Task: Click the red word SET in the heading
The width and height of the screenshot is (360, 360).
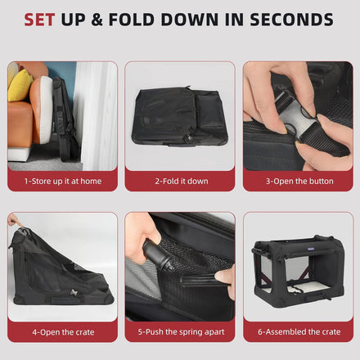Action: [x=39, y=20]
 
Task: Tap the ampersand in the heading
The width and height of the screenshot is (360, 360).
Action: [x=97, y=20]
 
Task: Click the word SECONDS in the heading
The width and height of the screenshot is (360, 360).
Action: [x=291, y=20]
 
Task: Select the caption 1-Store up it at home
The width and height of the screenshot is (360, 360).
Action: [x=63, y=181]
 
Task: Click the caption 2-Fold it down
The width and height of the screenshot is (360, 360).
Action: [x=182, y=181]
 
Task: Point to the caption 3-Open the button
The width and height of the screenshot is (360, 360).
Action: [x=299, y=181]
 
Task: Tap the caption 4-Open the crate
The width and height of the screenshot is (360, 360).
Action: [x=63, y=332]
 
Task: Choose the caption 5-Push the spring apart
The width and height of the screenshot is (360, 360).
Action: [x=181, y=332]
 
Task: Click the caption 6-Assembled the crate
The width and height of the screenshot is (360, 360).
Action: [x=299, y=332]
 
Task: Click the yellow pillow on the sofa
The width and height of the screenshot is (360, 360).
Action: [x=19, y=85]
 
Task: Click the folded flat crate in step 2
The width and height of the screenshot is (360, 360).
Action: [x=179, y=116]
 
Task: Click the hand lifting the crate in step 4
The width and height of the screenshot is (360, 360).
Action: [x=14, y=219]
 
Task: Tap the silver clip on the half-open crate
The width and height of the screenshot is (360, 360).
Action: [x=74, y=293]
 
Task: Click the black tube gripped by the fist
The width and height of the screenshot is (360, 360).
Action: [x=156, y=254]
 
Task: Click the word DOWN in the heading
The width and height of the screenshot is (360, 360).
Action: [x=190, y=20]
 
